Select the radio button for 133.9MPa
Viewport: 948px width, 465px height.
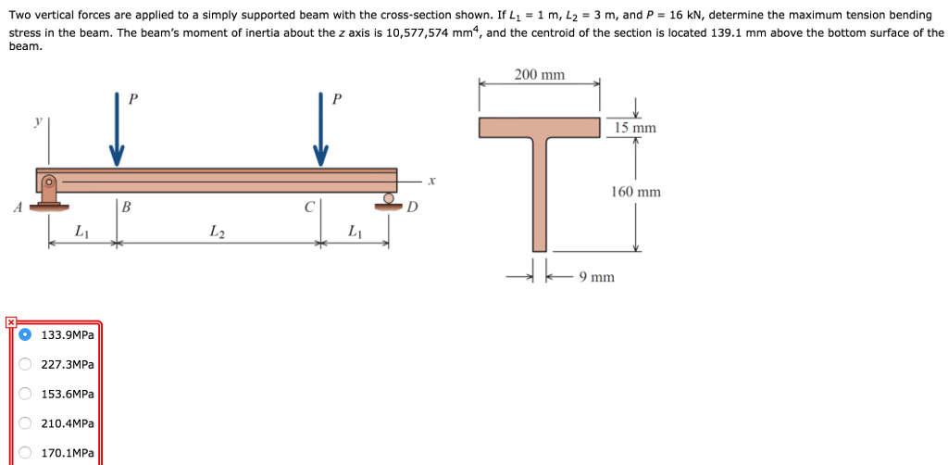click(25, 334)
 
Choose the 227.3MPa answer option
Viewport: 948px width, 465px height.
click(25, 364)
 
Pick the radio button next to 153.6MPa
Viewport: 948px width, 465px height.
click(25, 394)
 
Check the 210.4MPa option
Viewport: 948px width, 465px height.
click(25, 423)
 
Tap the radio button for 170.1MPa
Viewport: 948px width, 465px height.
click(25, 453)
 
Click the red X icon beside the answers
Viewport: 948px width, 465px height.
click(10, 322)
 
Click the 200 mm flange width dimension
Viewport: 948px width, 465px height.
click(540, 75)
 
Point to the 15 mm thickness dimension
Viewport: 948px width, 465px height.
click(635, 128)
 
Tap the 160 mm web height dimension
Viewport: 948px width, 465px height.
click(636, 192)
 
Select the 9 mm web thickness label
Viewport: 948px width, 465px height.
click(596, 276)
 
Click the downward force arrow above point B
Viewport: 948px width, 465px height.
click(117, 130)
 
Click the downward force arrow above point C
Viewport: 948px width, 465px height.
click(320, 130)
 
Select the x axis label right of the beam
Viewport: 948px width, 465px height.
click(431, 182)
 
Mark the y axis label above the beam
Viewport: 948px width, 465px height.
click(38, 120)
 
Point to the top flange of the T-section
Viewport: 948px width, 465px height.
click(540, 128)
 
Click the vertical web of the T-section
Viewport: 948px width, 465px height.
click(540, 195)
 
